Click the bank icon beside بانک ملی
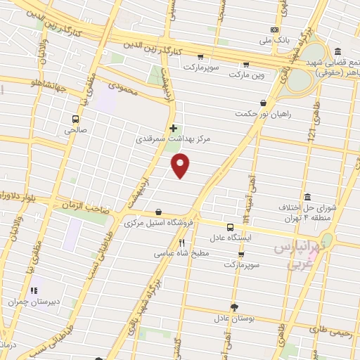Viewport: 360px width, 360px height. click(x=274, y=30)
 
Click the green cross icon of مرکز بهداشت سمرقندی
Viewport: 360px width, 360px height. click(x=174, y=127)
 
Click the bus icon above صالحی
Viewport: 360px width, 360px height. click(x=75, y=118)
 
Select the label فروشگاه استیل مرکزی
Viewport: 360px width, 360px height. click(x=157, y=223)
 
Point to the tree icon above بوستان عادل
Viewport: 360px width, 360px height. click(x=234, y=307)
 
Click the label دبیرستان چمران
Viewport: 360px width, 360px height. click(x=32, y=301)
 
